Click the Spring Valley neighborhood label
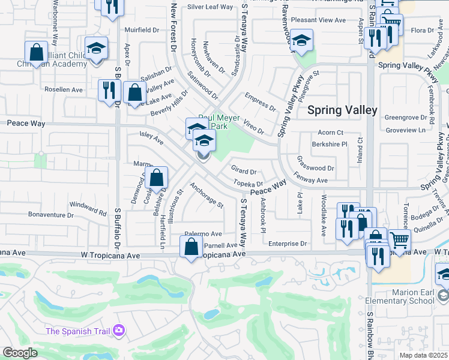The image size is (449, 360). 342,110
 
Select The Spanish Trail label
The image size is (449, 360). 79,331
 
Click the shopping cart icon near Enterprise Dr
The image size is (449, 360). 399,241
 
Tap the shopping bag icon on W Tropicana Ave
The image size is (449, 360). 191,247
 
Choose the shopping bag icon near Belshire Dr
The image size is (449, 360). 156,178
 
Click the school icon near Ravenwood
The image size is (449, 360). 301,40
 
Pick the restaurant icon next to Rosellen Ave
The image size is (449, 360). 109,91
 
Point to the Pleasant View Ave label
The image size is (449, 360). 318,20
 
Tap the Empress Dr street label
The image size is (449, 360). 260,101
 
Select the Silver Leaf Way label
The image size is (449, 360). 209,7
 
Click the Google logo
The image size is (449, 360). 20,353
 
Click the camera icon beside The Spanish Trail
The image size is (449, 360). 118,331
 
